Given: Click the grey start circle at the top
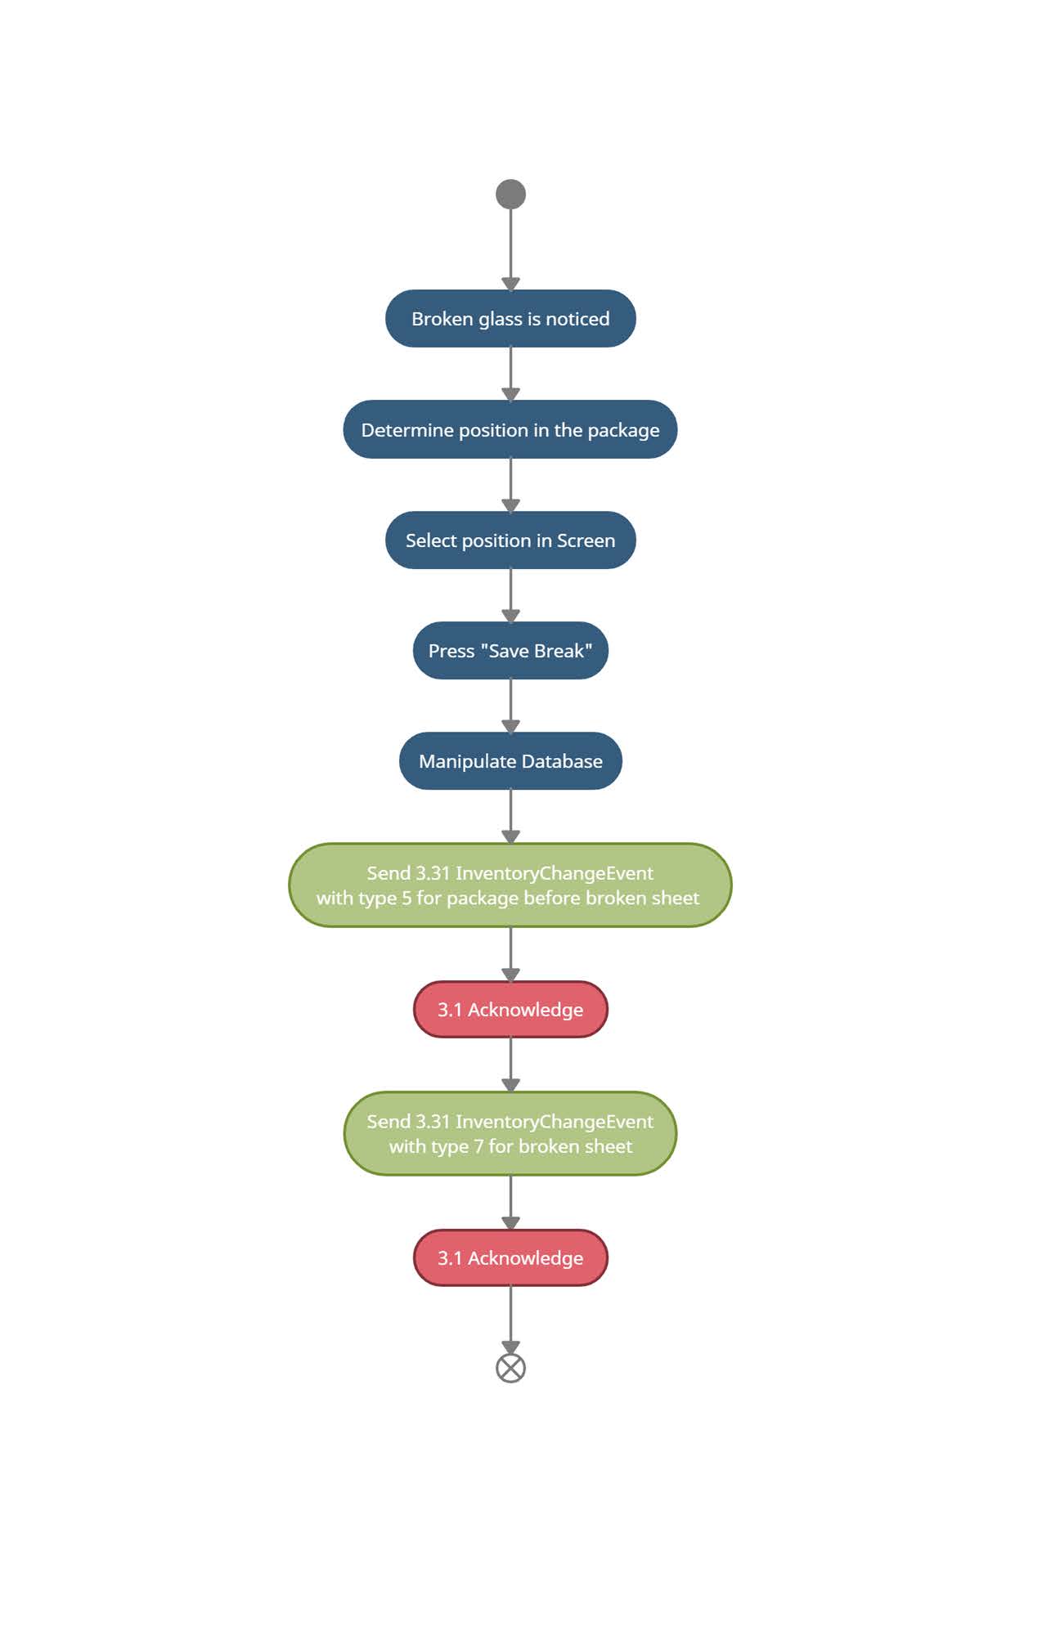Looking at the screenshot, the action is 510,195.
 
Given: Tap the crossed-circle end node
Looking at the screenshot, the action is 510,1368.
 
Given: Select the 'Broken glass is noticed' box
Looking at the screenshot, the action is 510,319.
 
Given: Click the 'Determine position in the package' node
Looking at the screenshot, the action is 510,429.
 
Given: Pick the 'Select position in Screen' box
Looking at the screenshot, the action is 510,540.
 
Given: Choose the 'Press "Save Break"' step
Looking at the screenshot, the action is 510,651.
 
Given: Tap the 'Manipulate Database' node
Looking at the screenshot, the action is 510,761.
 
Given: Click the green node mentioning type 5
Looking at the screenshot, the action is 510,885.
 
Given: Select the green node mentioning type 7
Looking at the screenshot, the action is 510,1134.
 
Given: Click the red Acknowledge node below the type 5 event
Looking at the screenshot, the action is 510,1010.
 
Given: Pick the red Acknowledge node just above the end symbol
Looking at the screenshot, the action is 510,1258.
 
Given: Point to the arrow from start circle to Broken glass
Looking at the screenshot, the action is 510,249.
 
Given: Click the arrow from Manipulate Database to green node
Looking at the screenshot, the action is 510,817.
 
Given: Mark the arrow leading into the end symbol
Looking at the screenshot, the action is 510,1320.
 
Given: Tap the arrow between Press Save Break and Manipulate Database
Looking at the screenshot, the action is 510,706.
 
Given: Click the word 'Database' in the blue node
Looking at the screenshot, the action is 562,761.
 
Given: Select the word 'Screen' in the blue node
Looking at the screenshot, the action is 586,540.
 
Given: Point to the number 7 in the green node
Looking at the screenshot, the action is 478,1146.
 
